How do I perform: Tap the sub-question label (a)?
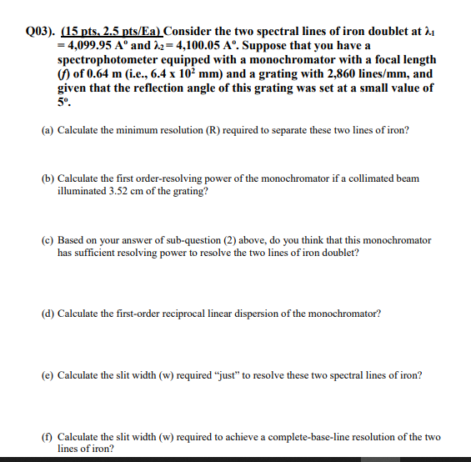click(48, 130)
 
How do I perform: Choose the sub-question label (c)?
click(48, 240)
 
